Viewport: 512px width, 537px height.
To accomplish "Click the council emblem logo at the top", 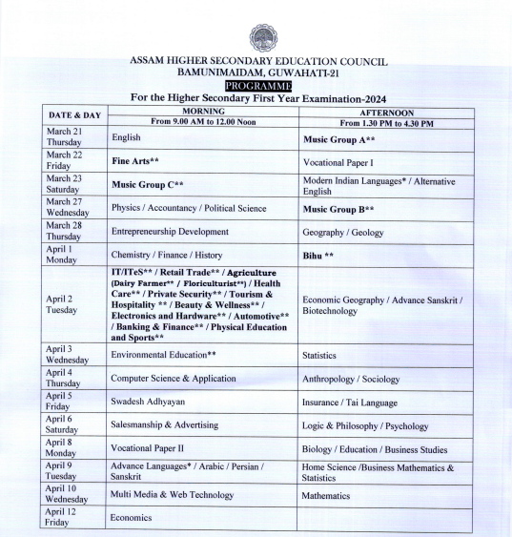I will pyautogui.click(x=263, y=37).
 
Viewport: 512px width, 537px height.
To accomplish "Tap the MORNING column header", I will pyautogui.click(x=202, y=111).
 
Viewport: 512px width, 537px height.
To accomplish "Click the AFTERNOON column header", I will pyautogui.click(x=386, y=111).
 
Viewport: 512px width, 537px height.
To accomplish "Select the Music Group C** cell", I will pyautogui.click(x=147, y=185).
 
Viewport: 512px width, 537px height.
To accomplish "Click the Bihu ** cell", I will pyautogui.click(x=317, y=255).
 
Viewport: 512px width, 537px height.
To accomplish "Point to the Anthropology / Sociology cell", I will pyautogui.click(x=350, y=379).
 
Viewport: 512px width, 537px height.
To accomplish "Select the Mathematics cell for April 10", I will pyautogui.click(x=326, y=495).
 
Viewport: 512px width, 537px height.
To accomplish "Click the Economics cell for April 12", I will pyautogui.click(x=131, y=518).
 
